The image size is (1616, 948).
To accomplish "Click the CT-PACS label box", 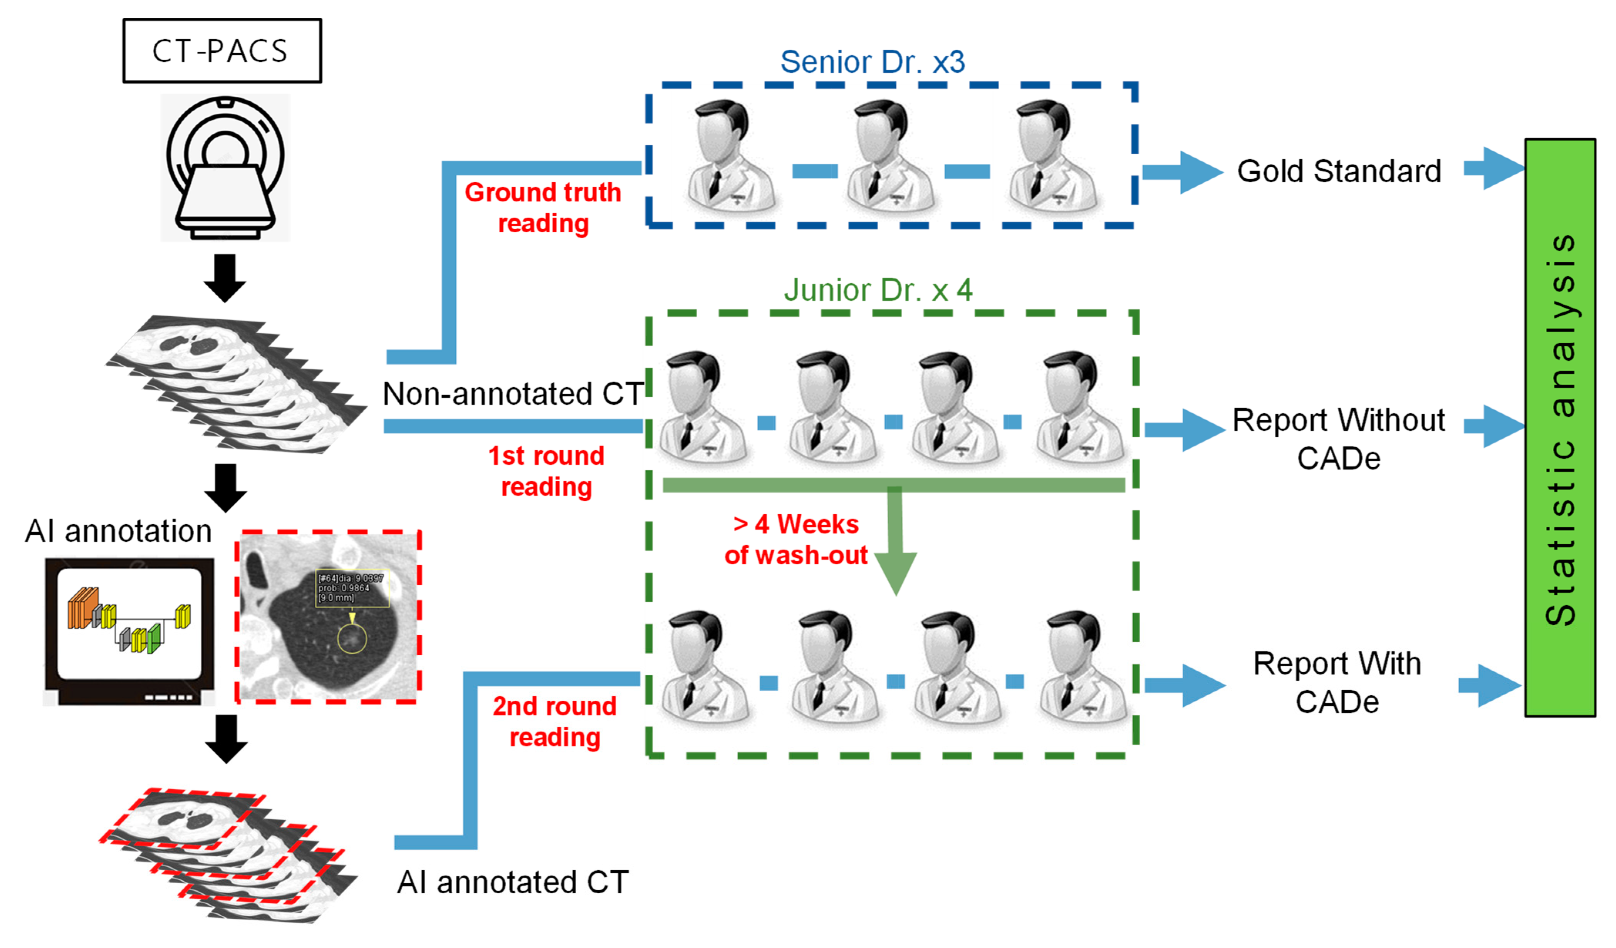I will tap(222, 51).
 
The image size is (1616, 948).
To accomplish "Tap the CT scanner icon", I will tap(225, 168).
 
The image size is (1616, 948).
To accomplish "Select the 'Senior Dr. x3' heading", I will tap(872, 62).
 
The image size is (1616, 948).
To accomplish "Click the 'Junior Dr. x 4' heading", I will tap(877, 290).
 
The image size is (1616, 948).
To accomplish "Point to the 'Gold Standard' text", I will tap(1339, 171).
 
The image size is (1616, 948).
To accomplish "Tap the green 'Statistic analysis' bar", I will tap(1560, 428).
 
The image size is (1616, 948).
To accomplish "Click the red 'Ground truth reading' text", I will tap(542, 208).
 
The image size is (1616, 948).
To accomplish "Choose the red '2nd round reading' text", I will tap(555, 721).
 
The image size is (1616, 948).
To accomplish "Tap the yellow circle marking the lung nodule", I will tap(351, 639).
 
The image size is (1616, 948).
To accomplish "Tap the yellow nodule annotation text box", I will tap(352, 588).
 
